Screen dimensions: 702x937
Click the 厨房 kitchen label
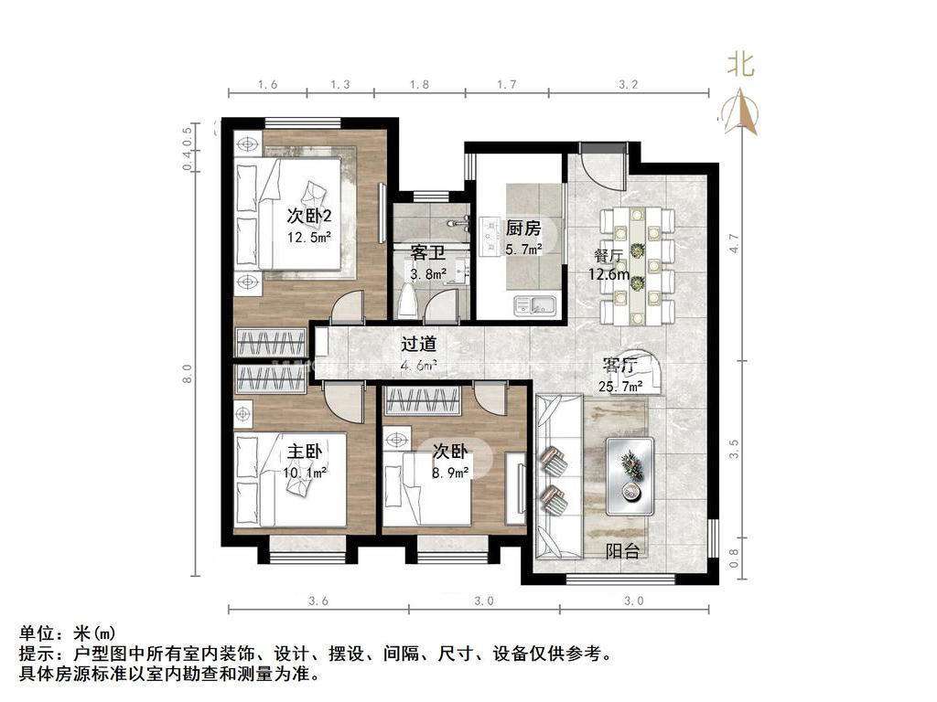[523, 229]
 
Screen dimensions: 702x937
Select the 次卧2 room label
[308, 217]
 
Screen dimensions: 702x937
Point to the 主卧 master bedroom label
[304, 452]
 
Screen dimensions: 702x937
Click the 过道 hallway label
[418, 345]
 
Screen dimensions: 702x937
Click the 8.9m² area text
[450, 473]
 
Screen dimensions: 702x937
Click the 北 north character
[739, 65]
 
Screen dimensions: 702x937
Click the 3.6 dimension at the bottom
[318, 601]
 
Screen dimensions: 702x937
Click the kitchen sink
[533, 303]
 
